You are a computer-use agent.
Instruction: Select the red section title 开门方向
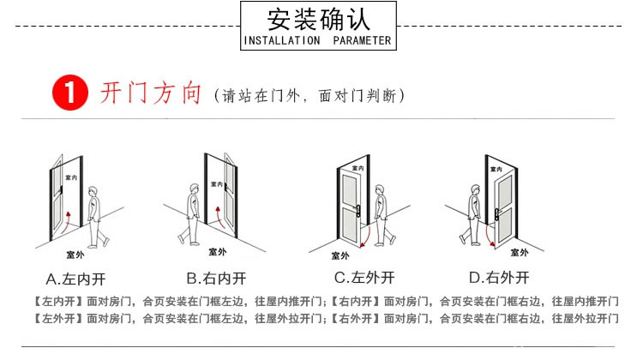(151, 93)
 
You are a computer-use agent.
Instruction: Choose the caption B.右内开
(217, 278)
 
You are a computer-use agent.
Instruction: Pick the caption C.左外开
(364, 278)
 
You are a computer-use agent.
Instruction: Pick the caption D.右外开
(499, 278)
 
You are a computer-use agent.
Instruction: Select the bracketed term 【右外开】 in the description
(354, 318)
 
